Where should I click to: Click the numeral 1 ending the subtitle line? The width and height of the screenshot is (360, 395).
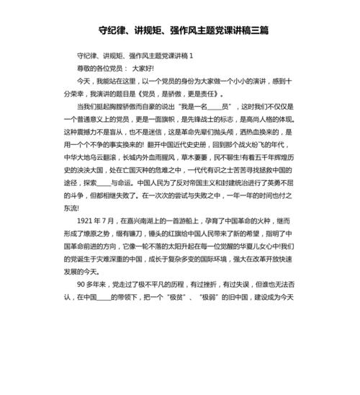(x=190, y=56)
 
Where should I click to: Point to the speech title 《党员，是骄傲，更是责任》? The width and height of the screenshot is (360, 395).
(x=180, y=93)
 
